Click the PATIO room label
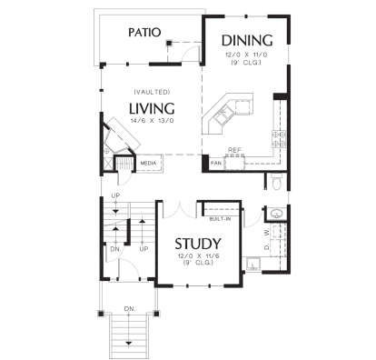(x=144, y=32)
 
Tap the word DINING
(x=246, y=40)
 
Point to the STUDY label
(x=198, y=244)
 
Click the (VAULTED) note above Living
(x=148, y=92)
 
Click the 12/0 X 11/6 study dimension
(x=199, y=257)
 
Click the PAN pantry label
(x=216, y=163)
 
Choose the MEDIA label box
(x=147, y=165)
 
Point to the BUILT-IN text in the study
(x=219, y=218)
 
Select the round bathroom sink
(x=276, y=215)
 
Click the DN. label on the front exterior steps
(x=129, y=309)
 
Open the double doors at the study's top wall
(x=179, y=205)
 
